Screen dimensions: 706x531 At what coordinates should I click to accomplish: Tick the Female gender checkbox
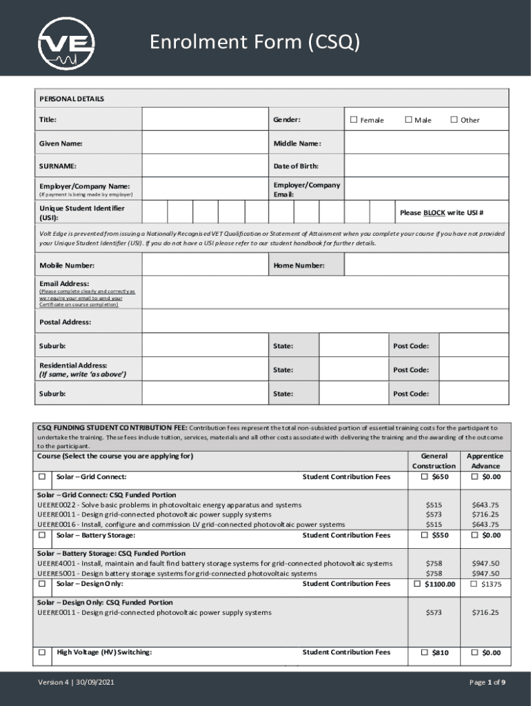pos(354,120)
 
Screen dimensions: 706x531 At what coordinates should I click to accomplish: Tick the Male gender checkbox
pos(408,120)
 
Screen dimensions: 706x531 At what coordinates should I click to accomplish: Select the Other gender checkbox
pos(454,120)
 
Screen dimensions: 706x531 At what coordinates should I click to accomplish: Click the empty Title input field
pos(204,120)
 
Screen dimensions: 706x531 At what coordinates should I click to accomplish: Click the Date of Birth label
pos(296,166)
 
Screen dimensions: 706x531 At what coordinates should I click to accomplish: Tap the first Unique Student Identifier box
pos(154,212)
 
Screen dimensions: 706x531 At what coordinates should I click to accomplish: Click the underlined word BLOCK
pos(434,212)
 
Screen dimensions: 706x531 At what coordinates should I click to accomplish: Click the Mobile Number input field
pos(204,265)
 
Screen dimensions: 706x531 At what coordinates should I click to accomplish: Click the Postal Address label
pos(65,322)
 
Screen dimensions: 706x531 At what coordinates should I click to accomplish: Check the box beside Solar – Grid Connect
pos(43,477)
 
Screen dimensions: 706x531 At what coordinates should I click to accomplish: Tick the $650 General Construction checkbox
pos(425,477)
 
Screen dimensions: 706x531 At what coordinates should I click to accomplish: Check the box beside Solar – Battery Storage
pos(43,535)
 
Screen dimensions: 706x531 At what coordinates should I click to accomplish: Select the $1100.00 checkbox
pos(417,584)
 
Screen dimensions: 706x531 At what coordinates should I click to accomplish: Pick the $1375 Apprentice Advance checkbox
pos(473,584)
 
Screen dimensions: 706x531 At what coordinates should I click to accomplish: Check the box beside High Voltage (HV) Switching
pos(43,652)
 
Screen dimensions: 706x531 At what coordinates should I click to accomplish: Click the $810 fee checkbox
pos(425,652)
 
